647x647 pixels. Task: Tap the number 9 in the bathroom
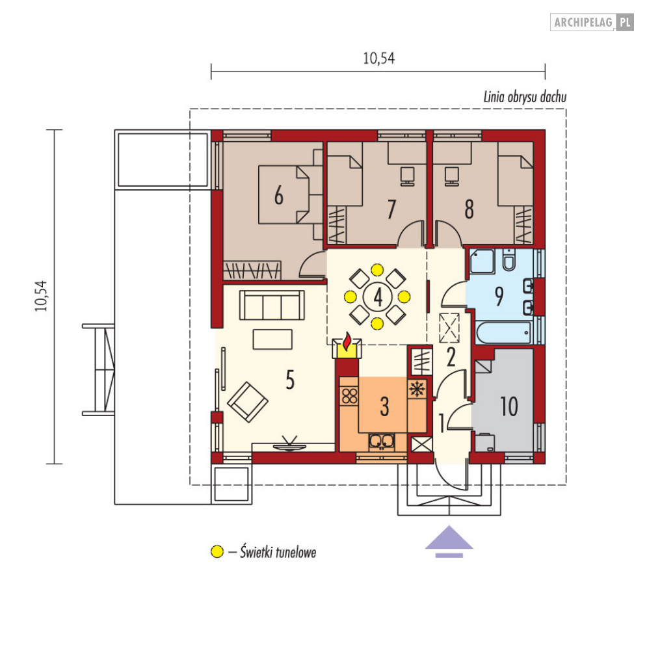click(x=499, y=296)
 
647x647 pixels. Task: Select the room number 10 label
click(x=508, y=406)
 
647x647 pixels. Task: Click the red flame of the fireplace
click(x=347, y=341)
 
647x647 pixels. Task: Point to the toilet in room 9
click(x=508, y=259)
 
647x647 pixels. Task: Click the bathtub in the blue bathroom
click(x=503, y=332)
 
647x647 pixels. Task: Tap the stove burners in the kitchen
click(x=349, y=396)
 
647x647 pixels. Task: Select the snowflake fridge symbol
click(x=417, y=389)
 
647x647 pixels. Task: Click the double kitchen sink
click(x=382, y=442)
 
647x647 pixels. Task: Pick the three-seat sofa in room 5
click(x=272, y=305)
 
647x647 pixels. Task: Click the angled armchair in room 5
click(x=248, y=402)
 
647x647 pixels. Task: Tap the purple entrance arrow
click(x=449, y=542)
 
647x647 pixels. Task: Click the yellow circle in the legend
click(x=217, y=551)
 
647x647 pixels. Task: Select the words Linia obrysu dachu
click(x=525, y=97)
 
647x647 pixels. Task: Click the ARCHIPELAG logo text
click(x=583, y=22)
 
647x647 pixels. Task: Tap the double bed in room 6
click(x=284, y=195)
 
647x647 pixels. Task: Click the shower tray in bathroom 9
click(x=482, y=261)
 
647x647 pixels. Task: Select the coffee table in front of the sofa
click(x=272, y=339)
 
